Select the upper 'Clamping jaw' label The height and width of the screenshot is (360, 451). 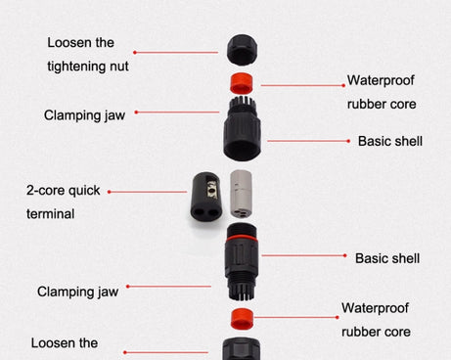tap(84, 114)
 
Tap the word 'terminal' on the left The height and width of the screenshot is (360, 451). tap(51, 212)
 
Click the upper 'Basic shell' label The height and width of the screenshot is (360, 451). tap(389, 141)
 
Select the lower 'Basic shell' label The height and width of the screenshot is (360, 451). tap(387, 258)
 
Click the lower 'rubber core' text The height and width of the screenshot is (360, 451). tap(377, 331)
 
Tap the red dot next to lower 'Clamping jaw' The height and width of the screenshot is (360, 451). tap(127, 287)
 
